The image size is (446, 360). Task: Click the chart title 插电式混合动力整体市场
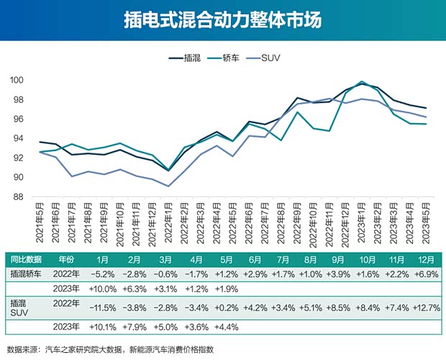(223, 19)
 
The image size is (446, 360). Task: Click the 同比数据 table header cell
(25, 259)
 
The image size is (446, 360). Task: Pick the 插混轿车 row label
(25, 274)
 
